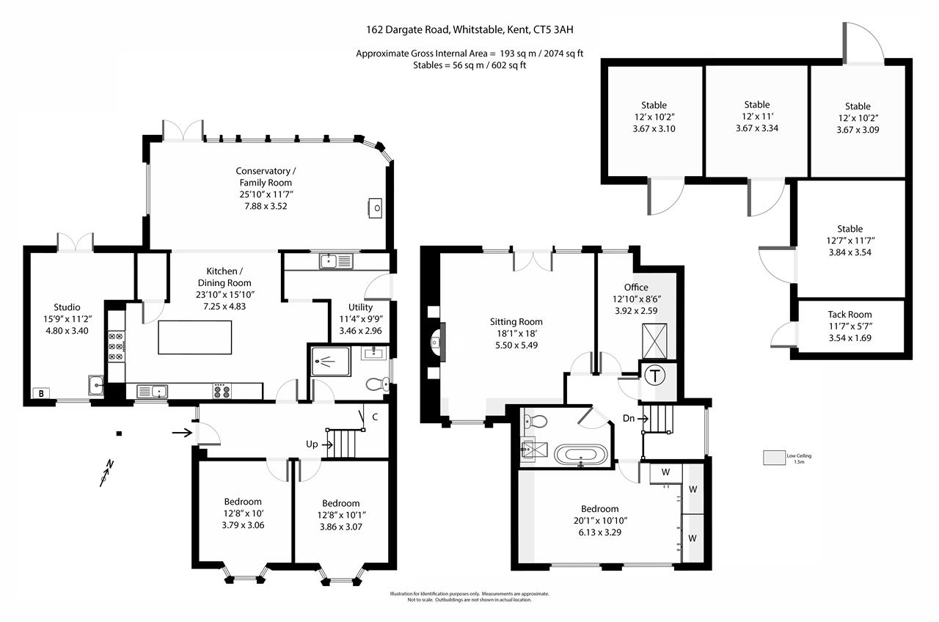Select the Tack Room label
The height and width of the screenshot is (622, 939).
[x=850, y=315]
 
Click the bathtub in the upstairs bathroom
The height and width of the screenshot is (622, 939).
[x=581, y=455]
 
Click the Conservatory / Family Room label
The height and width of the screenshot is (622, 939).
[x=265, y=177]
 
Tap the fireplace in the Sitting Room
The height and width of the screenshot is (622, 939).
[x=436, y=341]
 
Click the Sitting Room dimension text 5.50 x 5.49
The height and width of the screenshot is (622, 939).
[x=516, y=345]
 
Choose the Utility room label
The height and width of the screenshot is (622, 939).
[x=360, y=307]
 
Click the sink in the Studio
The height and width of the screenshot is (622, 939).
[x=96, y=385]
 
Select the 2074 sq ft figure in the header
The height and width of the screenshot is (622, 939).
[x=562, y=54]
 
